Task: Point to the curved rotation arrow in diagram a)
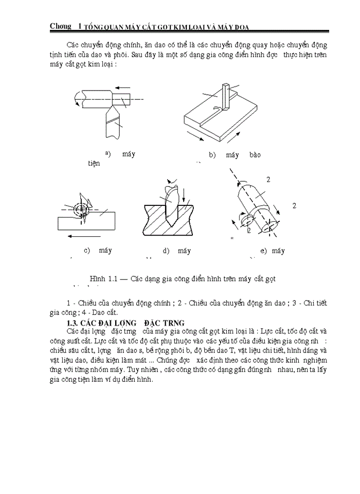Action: click(77, 97)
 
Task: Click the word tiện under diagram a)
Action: click(94, 163)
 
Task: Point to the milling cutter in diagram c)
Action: click(83, 208)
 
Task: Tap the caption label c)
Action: click(86, 251)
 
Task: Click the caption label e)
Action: click(263, 251)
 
